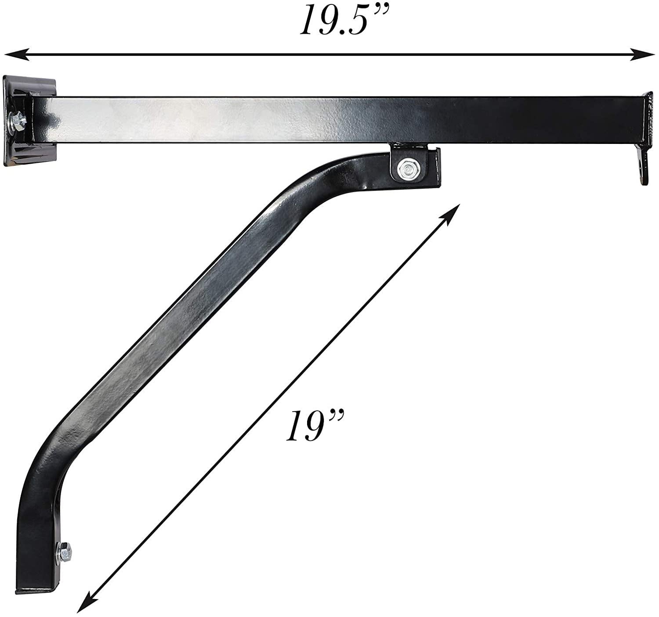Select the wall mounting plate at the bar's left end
click(x=29, y=121)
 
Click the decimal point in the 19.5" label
click(x=342, y=32)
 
